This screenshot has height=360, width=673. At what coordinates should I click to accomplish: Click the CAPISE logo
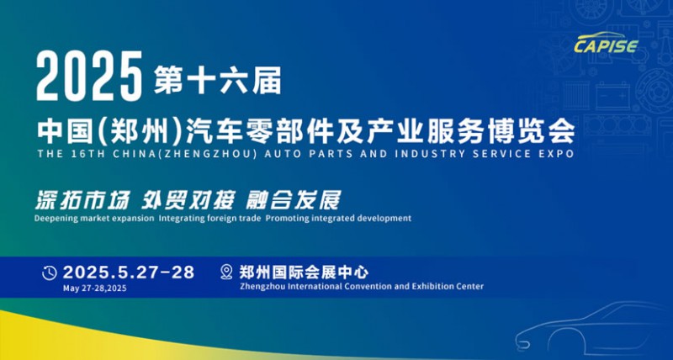(606, 42)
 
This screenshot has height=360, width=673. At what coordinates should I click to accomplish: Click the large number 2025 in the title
(89, 76)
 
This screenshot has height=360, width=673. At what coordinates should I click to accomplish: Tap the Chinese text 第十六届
(218, 80)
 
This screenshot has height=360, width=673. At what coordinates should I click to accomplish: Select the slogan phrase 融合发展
(294, 200)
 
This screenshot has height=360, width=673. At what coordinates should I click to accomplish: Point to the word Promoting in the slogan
(284, 219)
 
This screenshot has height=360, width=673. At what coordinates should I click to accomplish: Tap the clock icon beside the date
(50, 273)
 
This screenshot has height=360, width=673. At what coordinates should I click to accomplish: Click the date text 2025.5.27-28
(129, 273)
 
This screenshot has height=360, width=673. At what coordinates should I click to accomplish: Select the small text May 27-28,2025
(95, 289)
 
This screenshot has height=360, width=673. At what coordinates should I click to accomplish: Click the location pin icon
(226, 273)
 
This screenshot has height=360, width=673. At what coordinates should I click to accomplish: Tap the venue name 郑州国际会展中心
(304, 272)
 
